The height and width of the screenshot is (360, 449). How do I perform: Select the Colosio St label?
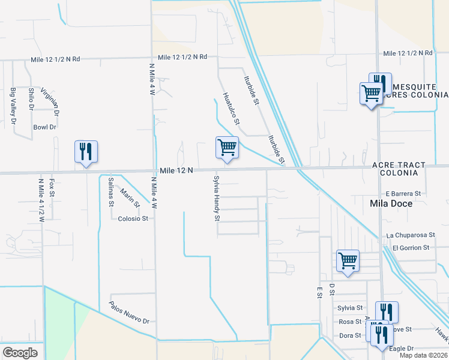click(133, 218)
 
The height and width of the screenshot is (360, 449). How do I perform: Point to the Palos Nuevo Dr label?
click(129, 313)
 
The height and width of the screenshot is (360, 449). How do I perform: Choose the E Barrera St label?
click(404, 194)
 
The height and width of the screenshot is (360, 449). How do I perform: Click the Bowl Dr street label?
click(44, 127)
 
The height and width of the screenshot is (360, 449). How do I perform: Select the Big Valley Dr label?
click(13, 106)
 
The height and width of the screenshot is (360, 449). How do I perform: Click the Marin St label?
click(130, 198)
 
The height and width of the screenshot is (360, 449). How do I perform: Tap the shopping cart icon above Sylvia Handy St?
click(228, 148)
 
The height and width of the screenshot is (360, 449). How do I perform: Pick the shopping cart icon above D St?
click(348, 261)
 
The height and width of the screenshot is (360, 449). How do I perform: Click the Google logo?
click(19, 353)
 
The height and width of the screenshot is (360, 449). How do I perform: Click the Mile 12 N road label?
click(176, 171)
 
